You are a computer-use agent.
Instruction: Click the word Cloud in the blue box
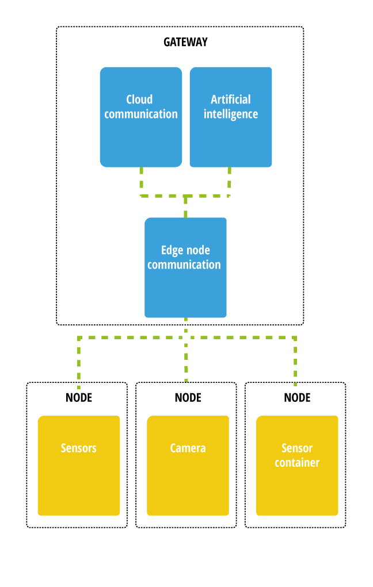[x=139, y=99]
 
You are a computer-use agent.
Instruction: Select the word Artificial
[x=230, y=99]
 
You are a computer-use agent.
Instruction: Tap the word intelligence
[x=230, y=114]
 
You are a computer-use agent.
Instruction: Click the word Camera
[x=188, y=448]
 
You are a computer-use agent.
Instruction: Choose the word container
[x=297, y=462]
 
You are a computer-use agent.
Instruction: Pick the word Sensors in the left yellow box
[x=78, y=448]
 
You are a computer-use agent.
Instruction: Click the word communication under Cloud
[x=141, y=114]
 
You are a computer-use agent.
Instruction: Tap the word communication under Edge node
[x=184, y=264]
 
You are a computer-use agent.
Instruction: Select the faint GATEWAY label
[x=185, y=42]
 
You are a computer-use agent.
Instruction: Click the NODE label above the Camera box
[x=188, y=397]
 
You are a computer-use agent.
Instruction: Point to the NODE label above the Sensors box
[x=79, y=397]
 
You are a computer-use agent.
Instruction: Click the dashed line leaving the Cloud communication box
[x=141, y=181]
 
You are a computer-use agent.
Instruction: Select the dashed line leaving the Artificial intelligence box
[x=230, y=181]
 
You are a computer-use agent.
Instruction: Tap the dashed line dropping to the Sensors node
[x=79, y=362]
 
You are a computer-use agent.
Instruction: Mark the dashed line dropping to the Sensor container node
[x=295, y=362]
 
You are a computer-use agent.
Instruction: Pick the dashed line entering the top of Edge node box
[x=185, y=207]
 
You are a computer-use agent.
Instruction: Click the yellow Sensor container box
[x=297, y=489]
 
